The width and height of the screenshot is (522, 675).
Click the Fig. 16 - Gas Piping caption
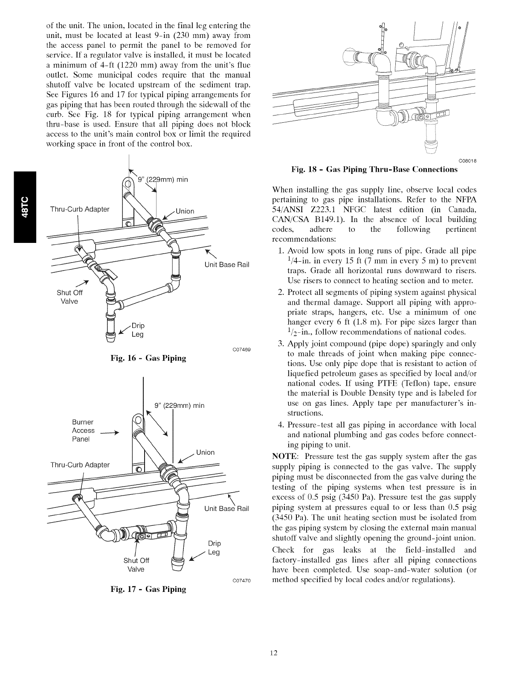tap(148, 358)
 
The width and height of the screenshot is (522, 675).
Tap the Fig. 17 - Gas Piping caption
tap(148, 589)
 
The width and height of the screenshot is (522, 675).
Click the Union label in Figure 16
tap(185, 211)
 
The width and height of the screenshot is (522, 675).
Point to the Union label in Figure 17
tap(205, 452)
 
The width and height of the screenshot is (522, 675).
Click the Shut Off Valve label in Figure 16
tap(67, 297)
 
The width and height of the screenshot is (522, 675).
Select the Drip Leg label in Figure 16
tap(137, 330)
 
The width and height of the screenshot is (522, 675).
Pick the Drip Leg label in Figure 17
tap(214, 548)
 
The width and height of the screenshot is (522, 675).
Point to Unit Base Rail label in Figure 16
tap(226, 265)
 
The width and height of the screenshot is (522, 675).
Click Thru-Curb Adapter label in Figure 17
tap(80, 464)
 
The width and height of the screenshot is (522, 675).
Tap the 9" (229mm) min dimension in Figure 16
tap(162, 179)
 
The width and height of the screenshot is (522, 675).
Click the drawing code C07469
tap(241, 349)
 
